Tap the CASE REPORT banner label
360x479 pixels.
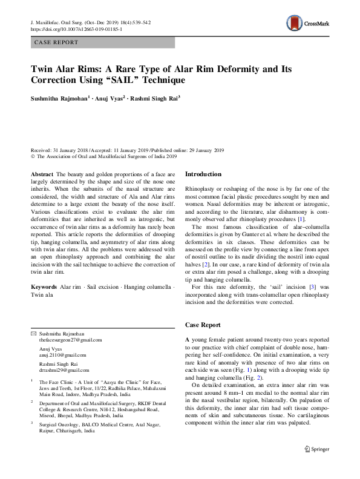(56, 42)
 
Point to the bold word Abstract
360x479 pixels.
(42, 174)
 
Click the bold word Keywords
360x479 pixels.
(44, 285)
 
